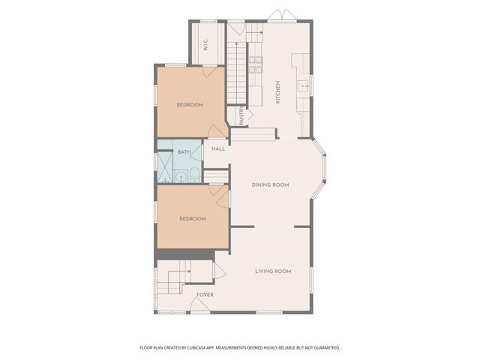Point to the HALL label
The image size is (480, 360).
218,148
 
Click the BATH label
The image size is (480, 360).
184,152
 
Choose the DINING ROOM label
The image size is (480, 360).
270,184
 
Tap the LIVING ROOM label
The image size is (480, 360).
273,271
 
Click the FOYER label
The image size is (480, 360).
205,295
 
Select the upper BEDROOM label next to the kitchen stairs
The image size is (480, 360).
190,104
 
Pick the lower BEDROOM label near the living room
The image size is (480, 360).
192,218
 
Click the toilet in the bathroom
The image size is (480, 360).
193,176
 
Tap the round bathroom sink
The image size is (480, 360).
180,176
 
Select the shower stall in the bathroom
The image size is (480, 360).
164,161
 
